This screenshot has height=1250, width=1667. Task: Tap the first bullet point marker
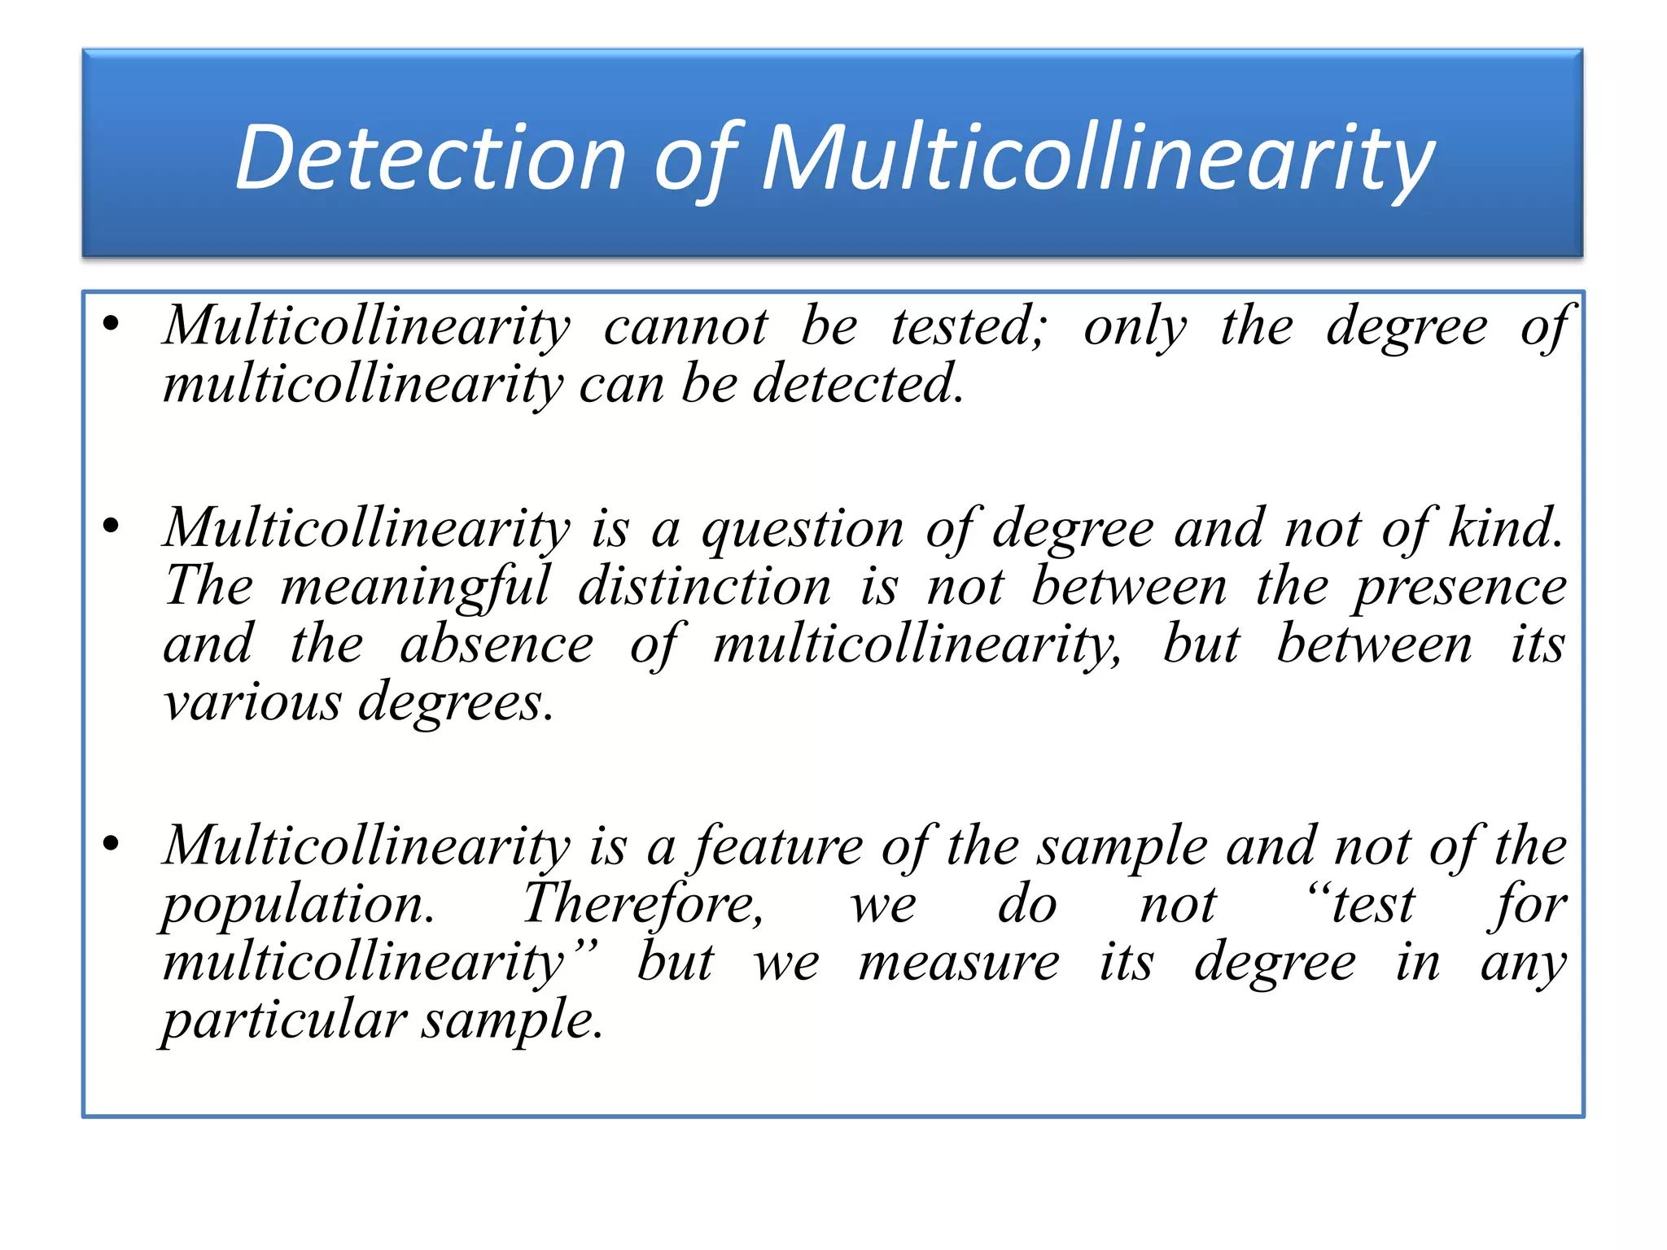(x=112, y=325)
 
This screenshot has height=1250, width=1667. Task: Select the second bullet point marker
(x=112, y=527)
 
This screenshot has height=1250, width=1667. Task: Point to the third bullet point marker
(x=112, y=844)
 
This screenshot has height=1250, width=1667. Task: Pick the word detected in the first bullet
(x=858, y=384)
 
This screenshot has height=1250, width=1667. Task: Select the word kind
(x=1506, y=528)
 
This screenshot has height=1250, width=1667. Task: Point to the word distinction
(x=705, y=586)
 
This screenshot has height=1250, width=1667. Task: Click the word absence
(x=497, y=645)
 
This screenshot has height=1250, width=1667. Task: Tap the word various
(x=252, y=701)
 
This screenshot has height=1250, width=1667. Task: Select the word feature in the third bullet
(x=778, y=846)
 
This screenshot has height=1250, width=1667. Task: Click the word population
(x=298, y=905)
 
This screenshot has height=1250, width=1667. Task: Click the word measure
(x=959, y=962)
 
